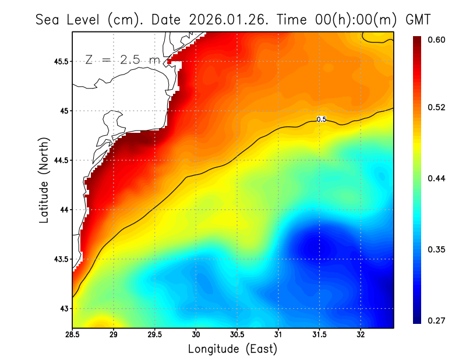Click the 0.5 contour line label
(x=321, y=119)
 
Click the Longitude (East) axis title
(x=232, y=349)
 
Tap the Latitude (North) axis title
(x=44, y=180)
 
